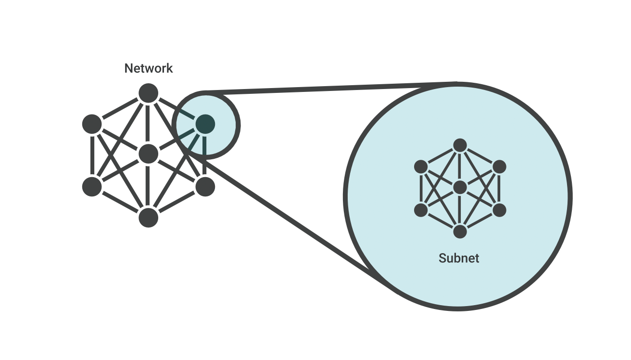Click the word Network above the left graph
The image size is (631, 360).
click(148, 68)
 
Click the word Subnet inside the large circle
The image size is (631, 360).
click(459, 258)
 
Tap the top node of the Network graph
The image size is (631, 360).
click(148, 93)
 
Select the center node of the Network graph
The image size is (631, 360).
click(148, 154)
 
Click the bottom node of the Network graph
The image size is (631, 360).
click(148, 218)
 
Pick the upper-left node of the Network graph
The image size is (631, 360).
click(92, 124)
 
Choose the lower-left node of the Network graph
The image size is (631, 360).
click(92, 187)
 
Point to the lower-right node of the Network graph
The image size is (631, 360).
click(205, 186)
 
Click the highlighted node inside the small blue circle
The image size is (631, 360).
click(205, 124)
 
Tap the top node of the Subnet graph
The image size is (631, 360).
click(460, 145)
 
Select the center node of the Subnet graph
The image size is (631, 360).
click(460, 187)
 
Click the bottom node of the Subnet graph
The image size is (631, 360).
click(460, 231)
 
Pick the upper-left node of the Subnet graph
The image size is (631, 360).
click(421, 167)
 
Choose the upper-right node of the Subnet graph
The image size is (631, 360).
click(500, 167)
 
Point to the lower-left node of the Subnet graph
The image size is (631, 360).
click(421, 210)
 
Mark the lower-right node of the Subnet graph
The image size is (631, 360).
click(500, 210)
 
